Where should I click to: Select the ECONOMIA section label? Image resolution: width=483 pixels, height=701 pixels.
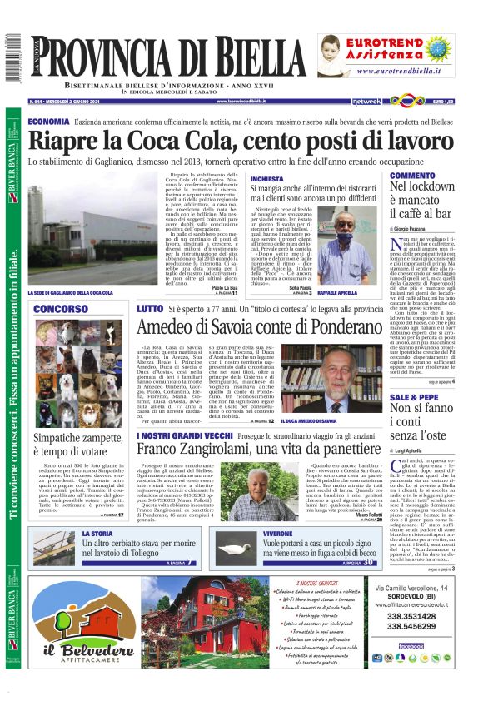click(x=48, y=122)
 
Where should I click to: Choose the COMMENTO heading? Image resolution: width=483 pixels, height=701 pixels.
click(x=412, y=176)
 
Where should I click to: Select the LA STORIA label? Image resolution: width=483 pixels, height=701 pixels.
click(x=97, y=534)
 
